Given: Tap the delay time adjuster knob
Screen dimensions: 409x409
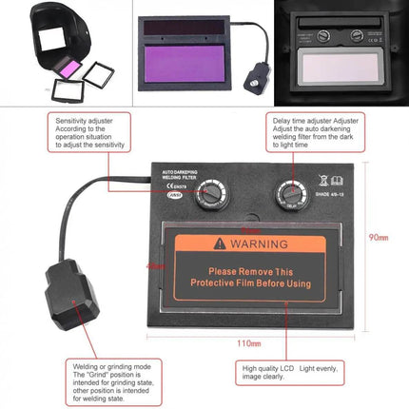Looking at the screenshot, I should [x=288, y=195].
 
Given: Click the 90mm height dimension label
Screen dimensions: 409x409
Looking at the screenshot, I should [x=380, y=236].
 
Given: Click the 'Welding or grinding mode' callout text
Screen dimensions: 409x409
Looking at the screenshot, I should [x=111, y=377].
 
